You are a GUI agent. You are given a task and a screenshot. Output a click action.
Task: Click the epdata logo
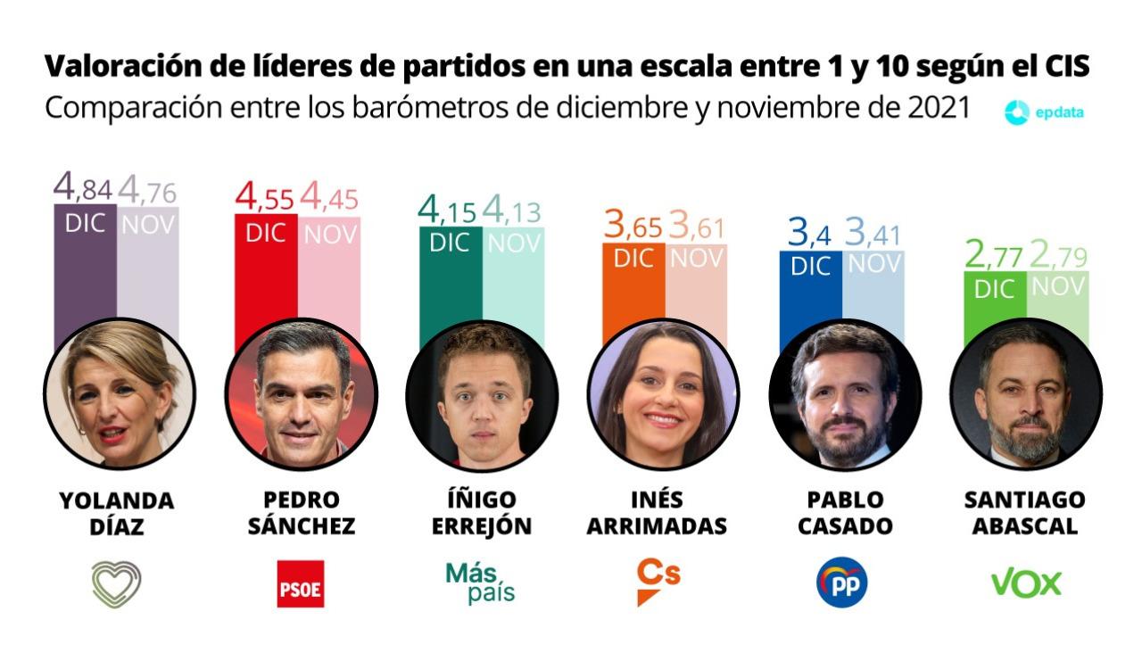tap(1043, 112)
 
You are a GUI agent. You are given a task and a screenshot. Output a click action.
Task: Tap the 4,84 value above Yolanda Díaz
tap(83, 187)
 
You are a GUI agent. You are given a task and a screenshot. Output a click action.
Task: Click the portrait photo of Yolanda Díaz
tap(120, 393)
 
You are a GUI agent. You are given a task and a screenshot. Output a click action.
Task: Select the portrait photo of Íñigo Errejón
tap(482, 393)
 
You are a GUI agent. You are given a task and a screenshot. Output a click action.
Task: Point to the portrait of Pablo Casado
tap(844, 393)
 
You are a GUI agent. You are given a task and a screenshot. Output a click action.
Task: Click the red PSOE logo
tap(300, 584)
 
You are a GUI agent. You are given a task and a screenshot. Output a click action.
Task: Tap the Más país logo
tap(481, 583)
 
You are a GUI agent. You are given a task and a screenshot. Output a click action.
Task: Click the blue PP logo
tap(841, 583)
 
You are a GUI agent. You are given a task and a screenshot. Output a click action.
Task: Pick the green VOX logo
tap(1026, 583)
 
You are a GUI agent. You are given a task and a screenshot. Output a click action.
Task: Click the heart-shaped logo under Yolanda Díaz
tap(117, 584)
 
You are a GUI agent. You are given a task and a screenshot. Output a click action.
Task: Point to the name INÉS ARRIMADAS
tap(657, 513)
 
